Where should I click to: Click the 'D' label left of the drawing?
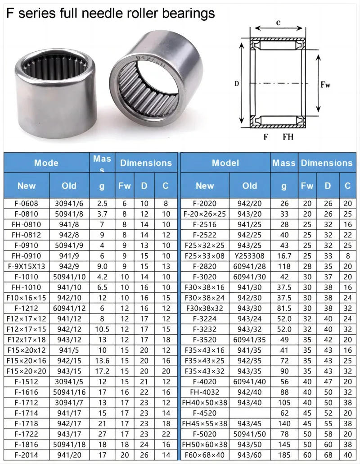point(236,83)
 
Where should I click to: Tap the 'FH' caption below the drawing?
point(288,137)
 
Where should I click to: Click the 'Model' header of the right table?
point(225,163)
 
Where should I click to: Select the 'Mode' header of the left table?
point(46,163)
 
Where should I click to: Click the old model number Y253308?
point(250,256)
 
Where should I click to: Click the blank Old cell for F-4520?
point(250,413)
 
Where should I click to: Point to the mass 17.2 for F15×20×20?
point(103,371)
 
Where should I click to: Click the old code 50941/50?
point(250,434)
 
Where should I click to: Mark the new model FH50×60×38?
point(205,445)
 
